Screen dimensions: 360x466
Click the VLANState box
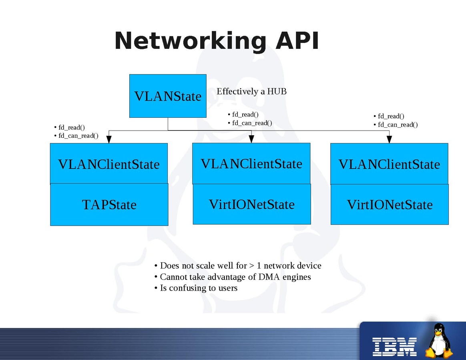point(168,96)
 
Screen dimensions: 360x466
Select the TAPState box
point(109,205)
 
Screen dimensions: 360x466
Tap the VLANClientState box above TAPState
point(108,164)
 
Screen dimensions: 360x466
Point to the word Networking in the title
point(190,41)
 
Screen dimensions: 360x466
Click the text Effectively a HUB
point(251,91)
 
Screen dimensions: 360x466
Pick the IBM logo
point(394,346)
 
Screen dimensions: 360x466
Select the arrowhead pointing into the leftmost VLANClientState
point(108,139)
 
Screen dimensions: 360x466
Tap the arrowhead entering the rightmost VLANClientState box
point(389,139)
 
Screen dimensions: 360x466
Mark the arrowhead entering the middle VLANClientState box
point(251,139)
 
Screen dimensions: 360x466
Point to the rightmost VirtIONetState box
point(390,205)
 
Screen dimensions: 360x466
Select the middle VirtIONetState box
point(251,204)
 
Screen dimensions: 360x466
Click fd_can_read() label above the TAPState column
point(78,136)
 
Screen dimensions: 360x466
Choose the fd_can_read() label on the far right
point(398,125)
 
